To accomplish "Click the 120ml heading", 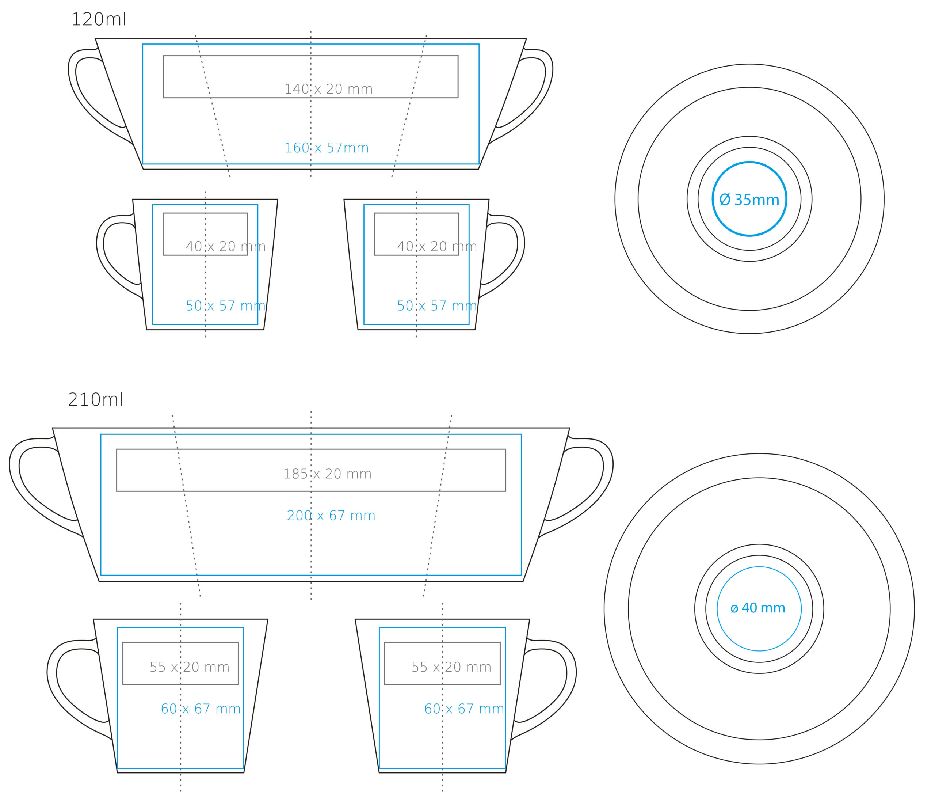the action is tap(98, 19).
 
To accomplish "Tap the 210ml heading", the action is tap(95, 399).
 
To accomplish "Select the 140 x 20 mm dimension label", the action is tap(328, 89).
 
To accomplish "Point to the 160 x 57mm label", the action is tap(327, 148).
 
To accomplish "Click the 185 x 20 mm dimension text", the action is tap(327, 474).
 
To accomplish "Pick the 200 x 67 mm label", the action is tap(331, 515).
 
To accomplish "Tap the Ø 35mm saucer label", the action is tap(749, 200).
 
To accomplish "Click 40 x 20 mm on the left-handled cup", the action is tap(226, 246).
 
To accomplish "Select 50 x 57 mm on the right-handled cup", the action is tap(437, 305).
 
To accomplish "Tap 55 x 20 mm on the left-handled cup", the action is tap(190, 667).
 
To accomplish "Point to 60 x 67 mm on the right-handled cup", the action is tap(464, 709).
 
